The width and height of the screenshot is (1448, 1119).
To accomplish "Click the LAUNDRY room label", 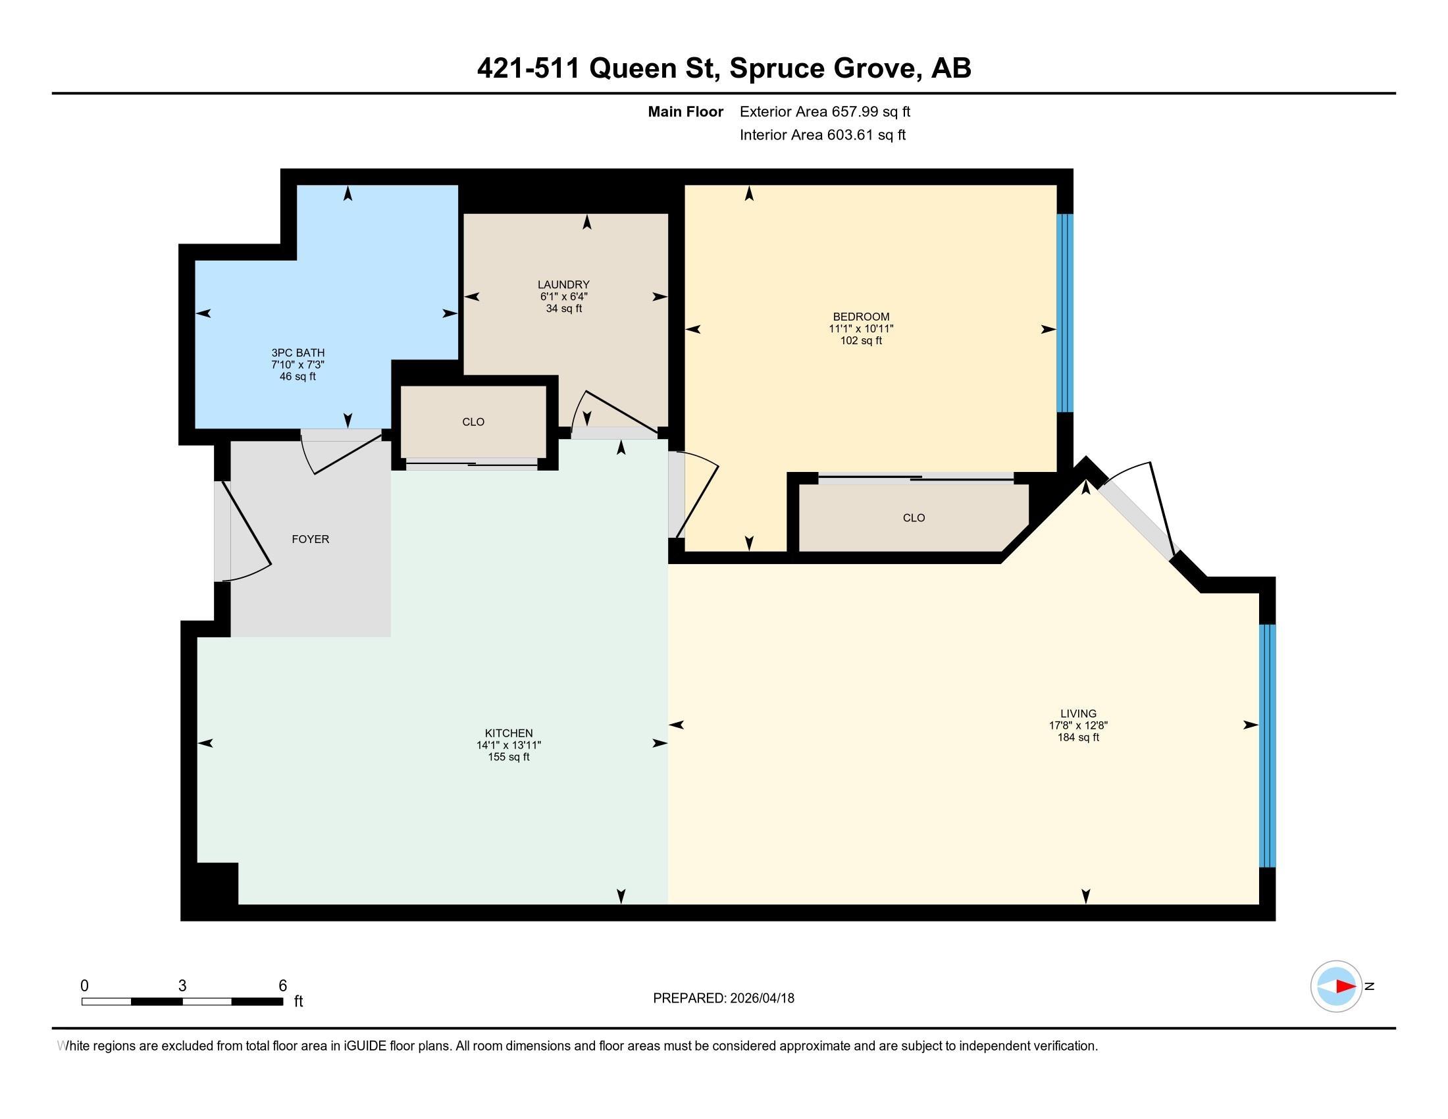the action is coord(563,284).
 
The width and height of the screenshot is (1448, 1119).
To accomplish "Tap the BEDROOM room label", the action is coord(862,317).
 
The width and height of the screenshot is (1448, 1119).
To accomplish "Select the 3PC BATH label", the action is coord(297,353).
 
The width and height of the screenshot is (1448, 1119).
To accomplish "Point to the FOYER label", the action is coord(310,539).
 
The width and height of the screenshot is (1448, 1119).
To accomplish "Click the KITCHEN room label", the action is coord(509,733).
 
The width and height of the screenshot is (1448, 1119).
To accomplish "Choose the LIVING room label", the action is coord(1078,714).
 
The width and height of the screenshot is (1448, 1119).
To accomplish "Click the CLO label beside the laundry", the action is coord(473,422).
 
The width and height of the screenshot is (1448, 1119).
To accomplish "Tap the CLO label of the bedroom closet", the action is coord(914,518).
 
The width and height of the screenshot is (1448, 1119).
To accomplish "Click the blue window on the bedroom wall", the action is coord(1064,313).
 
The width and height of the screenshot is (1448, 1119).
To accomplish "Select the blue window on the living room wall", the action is coord(1267,746).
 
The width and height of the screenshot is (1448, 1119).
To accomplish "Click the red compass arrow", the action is coord(1346,987).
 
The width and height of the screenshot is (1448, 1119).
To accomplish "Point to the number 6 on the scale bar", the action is coord(283,986).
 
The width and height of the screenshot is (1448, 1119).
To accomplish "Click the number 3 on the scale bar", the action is coord(182,986).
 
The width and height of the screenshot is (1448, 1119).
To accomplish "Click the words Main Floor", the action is coord(686,112).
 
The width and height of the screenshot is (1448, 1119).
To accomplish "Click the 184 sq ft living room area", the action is coord(1078,737).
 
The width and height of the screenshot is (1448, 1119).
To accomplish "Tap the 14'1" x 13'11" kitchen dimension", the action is coord(509,745).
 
